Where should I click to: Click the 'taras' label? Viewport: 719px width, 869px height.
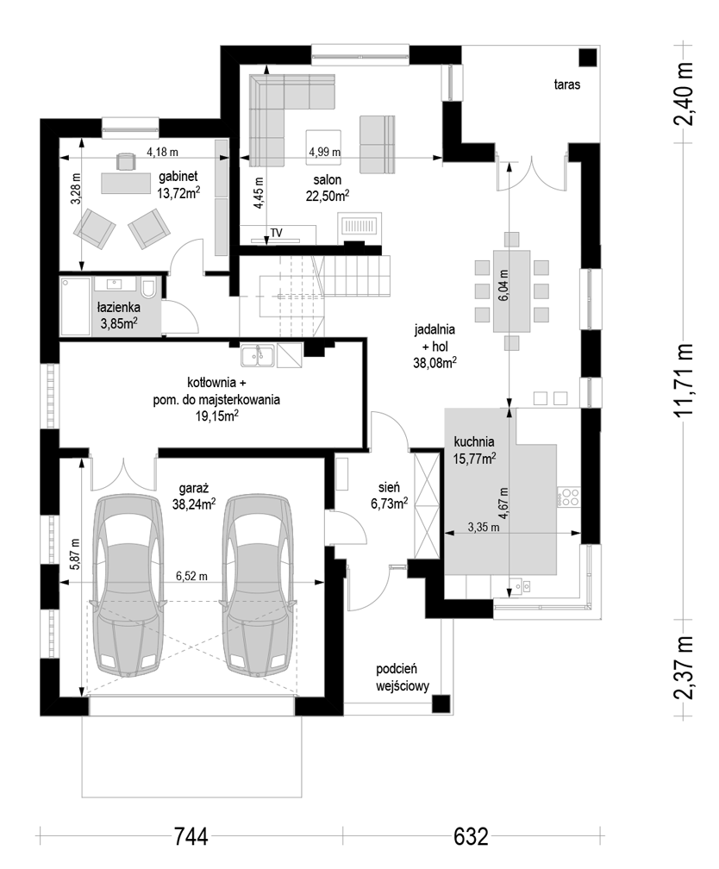pos(567,84)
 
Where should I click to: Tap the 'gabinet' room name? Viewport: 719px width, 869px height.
pos(178,177)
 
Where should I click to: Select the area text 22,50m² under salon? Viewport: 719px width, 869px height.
pos(327,195)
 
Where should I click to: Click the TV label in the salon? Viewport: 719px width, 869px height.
pos(276,233)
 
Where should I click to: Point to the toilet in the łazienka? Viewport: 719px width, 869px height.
pos(148,288)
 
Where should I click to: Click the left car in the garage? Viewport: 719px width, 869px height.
pos(128,585)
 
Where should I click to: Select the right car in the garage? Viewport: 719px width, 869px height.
pos(257,585)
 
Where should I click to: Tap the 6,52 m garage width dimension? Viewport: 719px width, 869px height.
pos(191,577)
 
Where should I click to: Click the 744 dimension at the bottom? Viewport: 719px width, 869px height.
pos(191,836)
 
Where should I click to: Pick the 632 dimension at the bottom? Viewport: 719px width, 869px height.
pos(472,836)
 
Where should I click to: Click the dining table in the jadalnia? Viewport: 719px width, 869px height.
pos(512,291)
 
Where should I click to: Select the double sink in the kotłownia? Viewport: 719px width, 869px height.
pos(258,355)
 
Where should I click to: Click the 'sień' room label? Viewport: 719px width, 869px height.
pos(389,487)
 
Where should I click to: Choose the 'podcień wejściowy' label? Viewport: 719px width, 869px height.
pos(403,678)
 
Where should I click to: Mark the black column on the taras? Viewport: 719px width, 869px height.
pos(588,58)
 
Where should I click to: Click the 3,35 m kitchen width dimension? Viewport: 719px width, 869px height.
pos(484,528)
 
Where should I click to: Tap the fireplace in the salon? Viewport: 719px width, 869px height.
pos(359,228)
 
